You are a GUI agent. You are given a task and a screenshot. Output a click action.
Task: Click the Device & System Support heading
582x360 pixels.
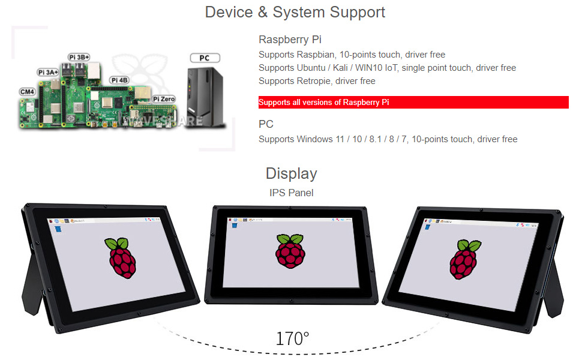[295, 12]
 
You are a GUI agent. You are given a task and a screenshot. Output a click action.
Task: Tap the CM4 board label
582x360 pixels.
[27, 92]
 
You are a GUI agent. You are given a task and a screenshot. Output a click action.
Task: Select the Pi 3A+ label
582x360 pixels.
[48, 72]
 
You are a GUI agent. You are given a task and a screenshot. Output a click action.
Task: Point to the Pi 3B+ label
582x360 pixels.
[79, 57]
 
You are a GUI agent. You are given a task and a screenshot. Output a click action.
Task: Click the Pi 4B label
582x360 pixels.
[119, 80]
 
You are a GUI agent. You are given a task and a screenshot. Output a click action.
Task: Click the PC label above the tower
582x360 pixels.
[205, 58]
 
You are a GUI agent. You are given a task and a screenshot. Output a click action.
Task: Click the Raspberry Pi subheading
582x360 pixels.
[290, 40]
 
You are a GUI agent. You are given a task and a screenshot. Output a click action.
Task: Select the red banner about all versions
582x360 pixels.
[413, 103]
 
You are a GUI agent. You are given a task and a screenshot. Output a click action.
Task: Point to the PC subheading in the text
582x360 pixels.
[266, 124]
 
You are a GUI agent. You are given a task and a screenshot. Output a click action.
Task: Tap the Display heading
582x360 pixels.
[291, 173]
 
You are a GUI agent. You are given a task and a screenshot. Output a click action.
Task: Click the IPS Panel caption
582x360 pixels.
[291, 193]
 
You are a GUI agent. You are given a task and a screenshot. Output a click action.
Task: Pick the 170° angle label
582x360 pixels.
[292, 338]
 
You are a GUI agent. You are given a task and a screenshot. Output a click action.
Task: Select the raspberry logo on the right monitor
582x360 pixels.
[464, 259]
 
